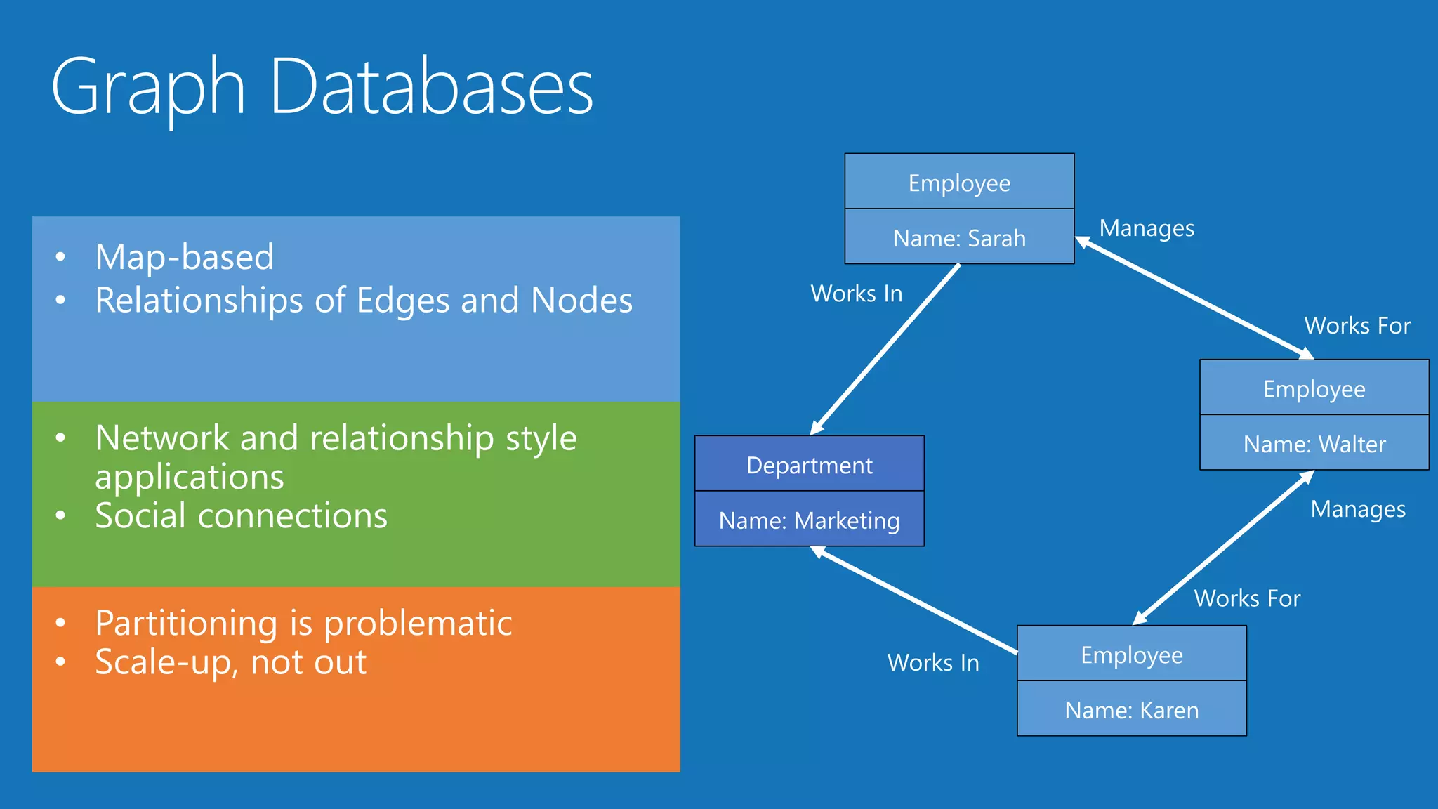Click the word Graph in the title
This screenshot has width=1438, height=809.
148,88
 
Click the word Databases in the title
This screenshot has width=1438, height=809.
431,88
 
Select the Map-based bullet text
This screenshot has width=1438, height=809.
184,257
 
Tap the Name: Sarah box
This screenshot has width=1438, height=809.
959,237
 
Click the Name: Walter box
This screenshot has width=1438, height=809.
1314,443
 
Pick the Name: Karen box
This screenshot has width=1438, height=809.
1131,709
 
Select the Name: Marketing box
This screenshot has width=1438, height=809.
809,520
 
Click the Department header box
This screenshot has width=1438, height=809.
809,464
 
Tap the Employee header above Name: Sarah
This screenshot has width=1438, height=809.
959,182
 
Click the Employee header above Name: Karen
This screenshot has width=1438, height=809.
1131,655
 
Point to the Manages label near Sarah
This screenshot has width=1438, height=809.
1146,228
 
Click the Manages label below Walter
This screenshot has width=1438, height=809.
1357,509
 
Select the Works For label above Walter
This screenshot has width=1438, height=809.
1357,326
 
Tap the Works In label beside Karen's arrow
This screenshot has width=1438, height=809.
932,662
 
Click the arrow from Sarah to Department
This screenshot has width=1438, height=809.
886,348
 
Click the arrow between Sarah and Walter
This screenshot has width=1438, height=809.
1194,298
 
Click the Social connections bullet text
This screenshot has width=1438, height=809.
241,515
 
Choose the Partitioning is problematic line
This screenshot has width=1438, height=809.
303,623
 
